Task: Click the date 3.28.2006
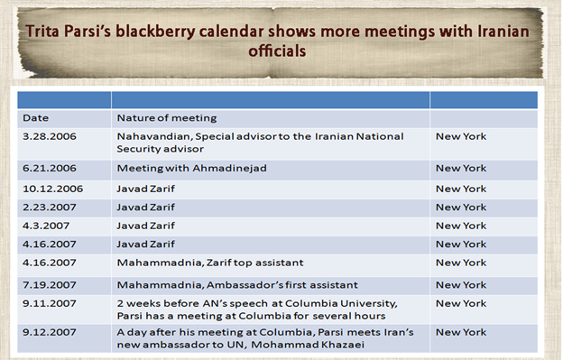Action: (50, 136)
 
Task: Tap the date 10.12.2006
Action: (53, 189)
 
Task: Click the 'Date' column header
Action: (36, 117)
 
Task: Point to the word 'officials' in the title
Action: (277, 51)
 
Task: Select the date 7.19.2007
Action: (50, 284)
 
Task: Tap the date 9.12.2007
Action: (50, 333)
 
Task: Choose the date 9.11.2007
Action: (50, 303)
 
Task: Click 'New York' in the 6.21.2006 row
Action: (461, 169)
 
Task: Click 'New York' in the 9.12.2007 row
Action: (461, 333)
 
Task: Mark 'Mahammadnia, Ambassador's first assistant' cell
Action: (236, 284)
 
